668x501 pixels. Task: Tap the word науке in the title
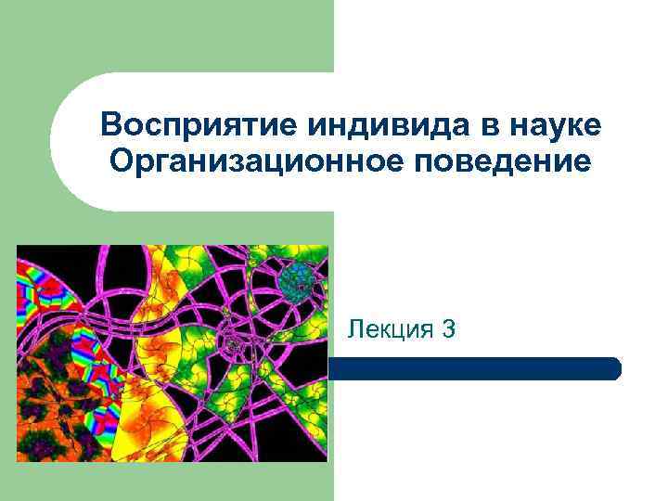pos(547,124)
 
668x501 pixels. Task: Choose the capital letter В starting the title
pos(110,124)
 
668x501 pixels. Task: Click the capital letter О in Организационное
pos(119,162)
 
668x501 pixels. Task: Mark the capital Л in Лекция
pos(354,328)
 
